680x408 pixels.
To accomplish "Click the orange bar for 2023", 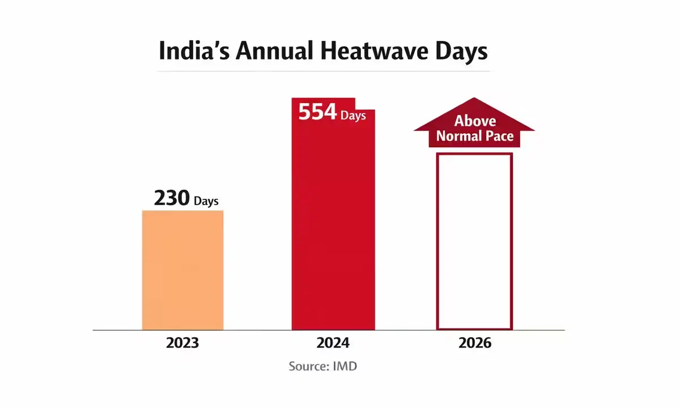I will [x=182, y=270].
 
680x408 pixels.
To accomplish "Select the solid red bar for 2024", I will [x=333, y=227].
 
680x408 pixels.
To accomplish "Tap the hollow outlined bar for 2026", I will [x=474, y=241].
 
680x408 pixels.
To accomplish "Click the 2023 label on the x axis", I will [x=182, y=343].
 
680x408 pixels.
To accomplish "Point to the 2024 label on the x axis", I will [x=333, y=343].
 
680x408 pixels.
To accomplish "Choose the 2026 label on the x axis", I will [x=474, y=343].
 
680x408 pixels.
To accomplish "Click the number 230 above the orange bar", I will [x=172, y=199].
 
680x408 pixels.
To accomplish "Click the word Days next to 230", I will [x=206, y=201].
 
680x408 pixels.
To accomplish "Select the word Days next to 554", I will [x=353, y=116].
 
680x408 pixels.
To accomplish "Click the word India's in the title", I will [x=192, y=51].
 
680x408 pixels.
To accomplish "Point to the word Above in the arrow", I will [x=475, y=121].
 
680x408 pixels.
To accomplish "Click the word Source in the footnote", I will [x=307, y=366].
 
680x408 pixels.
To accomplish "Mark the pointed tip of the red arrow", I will [x=474, y=99].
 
